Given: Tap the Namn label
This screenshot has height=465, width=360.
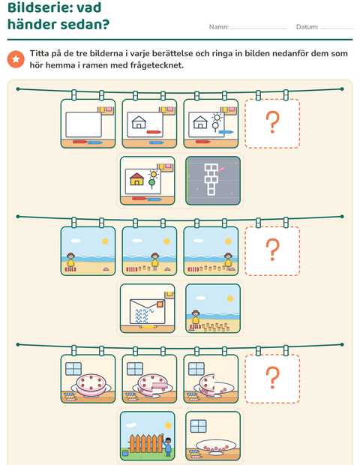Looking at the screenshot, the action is click(219, 27).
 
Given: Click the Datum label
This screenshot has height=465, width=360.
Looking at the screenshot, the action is click(307, 27).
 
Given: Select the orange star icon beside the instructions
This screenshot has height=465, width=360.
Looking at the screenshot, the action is click(16, 59).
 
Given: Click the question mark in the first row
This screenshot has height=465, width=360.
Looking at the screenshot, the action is click(272, 122).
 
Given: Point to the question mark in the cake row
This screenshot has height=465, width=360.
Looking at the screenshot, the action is click(272, 377).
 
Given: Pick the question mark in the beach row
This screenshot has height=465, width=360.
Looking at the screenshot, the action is click(272, 250).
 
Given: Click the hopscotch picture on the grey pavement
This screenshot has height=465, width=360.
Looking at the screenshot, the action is click(211, 179).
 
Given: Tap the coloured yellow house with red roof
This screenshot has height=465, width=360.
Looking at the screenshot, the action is click(136, 178).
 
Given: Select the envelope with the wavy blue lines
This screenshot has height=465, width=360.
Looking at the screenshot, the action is click(148, 311).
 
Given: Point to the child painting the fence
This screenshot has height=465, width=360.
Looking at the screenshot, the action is click(168, 446).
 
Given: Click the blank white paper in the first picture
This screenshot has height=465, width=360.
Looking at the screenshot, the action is click(83, 124).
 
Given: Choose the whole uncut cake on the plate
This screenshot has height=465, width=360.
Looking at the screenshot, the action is click(91, 385).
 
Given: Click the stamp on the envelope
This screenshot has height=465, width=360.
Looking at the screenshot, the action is click(160, 304).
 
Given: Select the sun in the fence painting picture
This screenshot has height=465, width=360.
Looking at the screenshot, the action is click(168, 425).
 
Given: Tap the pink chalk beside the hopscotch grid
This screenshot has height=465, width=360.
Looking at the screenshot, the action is click(221, 169).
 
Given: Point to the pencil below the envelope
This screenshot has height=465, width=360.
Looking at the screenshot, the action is click(148, 327).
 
